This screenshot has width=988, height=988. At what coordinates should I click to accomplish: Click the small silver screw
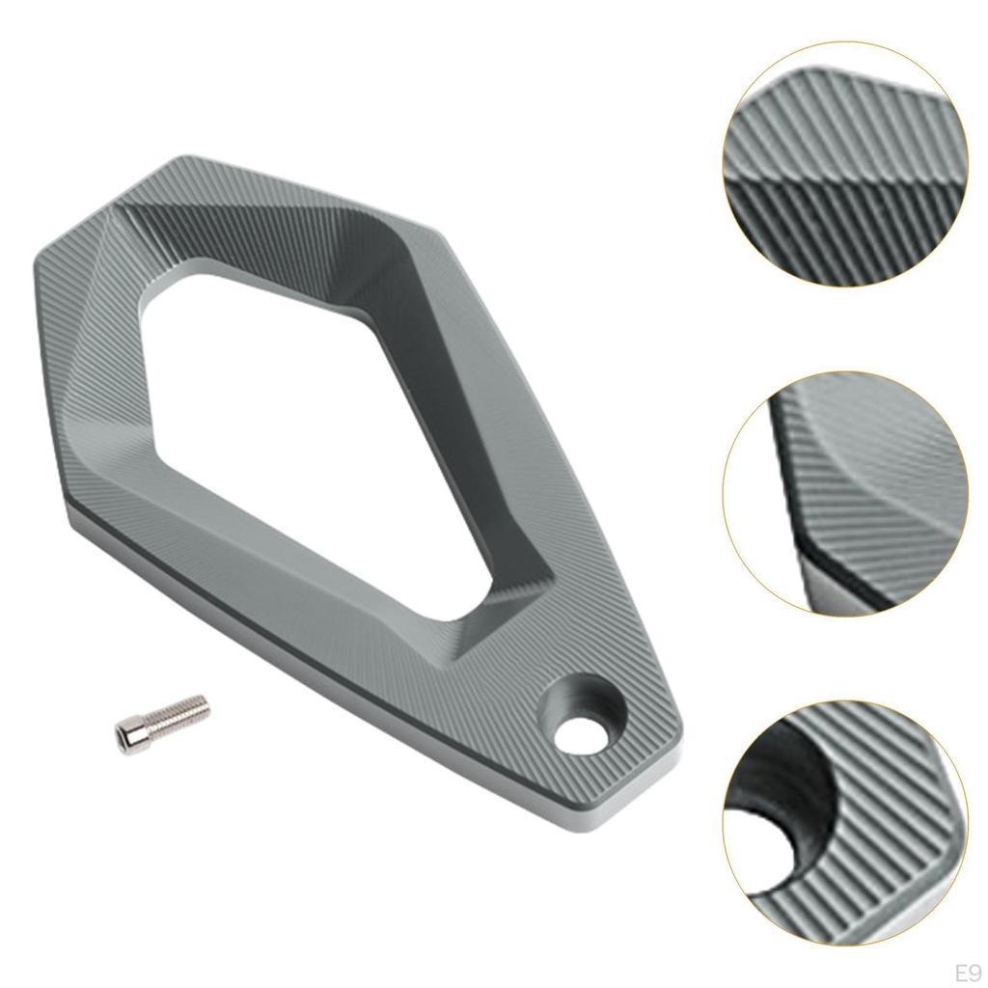[162, 720]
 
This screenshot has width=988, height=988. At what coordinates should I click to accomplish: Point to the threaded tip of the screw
[197, 703]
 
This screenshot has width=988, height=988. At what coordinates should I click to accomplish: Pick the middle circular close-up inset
[844, 492]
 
